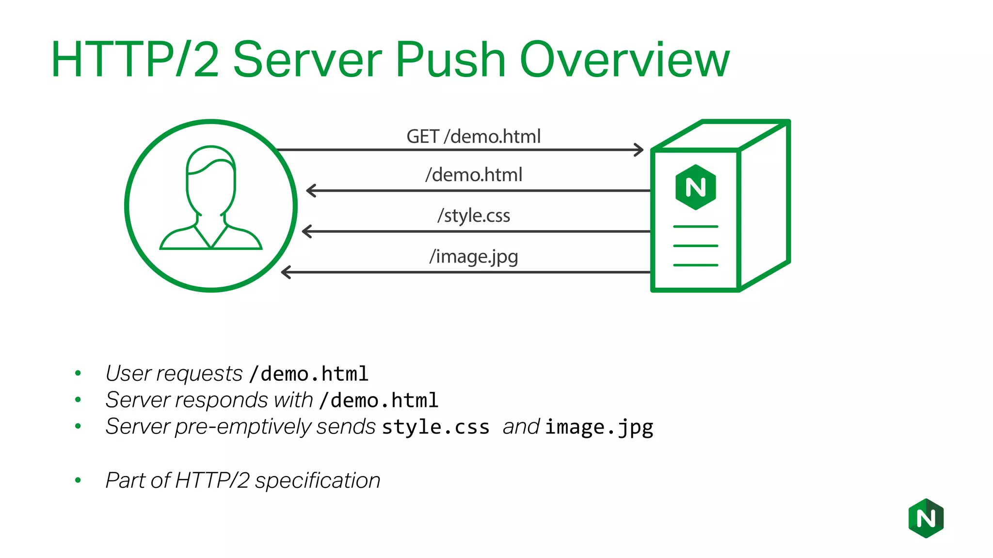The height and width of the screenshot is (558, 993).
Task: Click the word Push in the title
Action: point(451,60)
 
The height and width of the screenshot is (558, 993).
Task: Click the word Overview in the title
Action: point(625,60)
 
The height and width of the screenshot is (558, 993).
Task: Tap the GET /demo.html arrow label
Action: point(473,137)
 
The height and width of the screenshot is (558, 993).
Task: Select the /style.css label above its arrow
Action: point(474,216)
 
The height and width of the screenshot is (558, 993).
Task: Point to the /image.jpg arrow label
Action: point(474,256)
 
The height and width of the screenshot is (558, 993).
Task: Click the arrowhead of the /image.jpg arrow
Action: point(286,272)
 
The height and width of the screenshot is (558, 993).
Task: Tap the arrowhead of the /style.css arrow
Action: point(306,232)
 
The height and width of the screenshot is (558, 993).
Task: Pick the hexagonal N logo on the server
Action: point(695,187)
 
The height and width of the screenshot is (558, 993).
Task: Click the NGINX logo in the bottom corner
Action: point(926,518)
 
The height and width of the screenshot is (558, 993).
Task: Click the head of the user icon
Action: point(211,179)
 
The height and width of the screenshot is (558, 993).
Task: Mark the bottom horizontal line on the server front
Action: point(695,265)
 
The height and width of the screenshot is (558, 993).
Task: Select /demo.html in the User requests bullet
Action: point(309,374)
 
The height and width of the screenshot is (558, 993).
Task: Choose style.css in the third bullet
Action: point(435,427)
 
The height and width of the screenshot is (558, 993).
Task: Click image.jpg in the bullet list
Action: point(599,427)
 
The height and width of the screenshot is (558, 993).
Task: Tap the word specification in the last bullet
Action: point(318,480)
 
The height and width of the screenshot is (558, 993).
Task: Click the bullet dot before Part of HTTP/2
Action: point(78,480)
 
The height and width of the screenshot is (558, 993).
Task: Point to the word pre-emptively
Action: point(243,427)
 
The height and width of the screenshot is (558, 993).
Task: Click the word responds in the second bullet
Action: point(221,400)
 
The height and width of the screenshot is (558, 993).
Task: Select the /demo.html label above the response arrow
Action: point(474,175)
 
